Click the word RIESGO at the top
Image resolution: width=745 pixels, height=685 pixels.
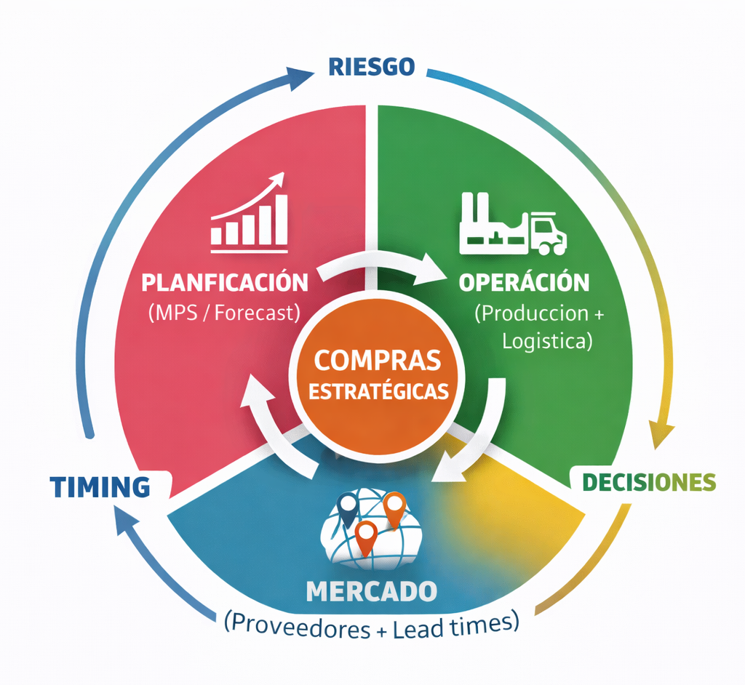pyautogui.click(x=372, y=66)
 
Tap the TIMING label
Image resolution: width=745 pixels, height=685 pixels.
pyautogui.click(x=100, y=486)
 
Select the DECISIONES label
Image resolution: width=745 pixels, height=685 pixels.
pyautogui.click(x=649, y=481)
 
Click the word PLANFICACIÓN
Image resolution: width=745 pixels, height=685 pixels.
pyautogui.click(x=225, y=281)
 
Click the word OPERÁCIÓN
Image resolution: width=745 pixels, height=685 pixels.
pyautogui.click(x=524, y=282)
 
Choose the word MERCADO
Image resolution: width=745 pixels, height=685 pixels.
pyautogui.click(x=372, y=590)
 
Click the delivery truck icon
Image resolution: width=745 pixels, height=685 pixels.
pyautogui.click(x=546, y=233)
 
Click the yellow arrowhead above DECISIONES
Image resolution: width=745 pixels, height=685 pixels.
pyautogui.click(x=661, y=435)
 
